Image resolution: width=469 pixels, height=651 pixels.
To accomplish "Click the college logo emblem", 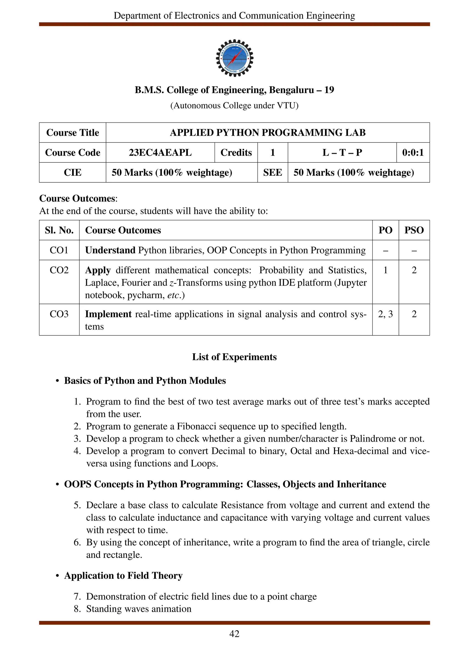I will pyautogui.click(x=234, y=58).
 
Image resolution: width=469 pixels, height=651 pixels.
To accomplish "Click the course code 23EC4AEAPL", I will pyautogui.click(x=160, y=152).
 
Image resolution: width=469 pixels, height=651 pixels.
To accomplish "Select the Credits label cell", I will pyautogui.click(x=236, y=152).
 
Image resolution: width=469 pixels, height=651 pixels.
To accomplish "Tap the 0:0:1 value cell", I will pyautogui.click(x=413, y=152).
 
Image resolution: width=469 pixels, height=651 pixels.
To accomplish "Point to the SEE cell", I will pyautogui.click(x=272, y=172).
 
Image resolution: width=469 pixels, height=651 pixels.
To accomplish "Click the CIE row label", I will pyautogui.click(x=72, y=172).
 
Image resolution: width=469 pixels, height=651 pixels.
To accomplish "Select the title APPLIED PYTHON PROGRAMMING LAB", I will pyautogui.click(x=267, y=133).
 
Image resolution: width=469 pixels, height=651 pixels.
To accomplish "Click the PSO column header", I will pyautogui.click(x=414, y=230).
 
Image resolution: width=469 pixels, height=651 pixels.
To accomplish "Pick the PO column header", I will pyautogui.click(x=385, y=230).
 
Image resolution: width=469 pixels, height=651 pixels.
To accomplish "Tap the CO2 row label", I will pyautogui.click(x=59, y=270).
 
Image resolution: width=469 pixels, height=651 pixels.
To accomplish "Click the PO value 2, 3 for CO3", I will pyautogui.click(x=385, y=314).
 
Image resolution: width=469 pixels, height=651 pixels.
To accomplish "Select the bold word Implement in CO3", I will pyautogui.click(x=108, y=314).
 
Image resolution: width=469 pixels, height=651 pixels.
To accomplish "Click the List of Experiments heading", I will pyautogui.click(x=234, y=357).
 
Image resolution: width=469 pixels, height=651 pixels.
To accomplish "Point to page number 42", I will pyautogui.click(x=234, y=634).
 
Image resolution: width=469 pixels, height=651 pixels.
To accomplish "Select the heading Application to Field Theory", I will pyautogui.click(x=123, y=575).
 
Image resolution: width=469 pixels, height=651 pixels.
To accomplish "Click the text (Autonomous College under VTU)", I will pyautogui.click(x=234, y=106).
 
